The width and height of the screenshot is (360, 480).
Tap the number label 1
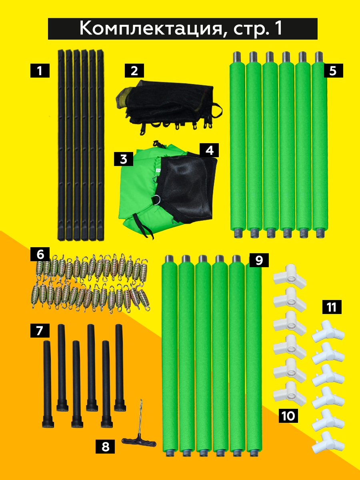(x=40, y=71)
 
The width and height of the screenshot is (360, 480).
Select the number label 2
(x=134, y=71)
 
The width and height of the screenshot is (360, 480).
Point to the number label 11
(x=332, y=307)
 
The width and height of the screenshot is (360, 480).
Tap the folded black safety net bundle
(x=169, y=108)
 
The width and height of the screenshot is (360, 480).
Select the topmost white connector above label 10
(x=290, y=277)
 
